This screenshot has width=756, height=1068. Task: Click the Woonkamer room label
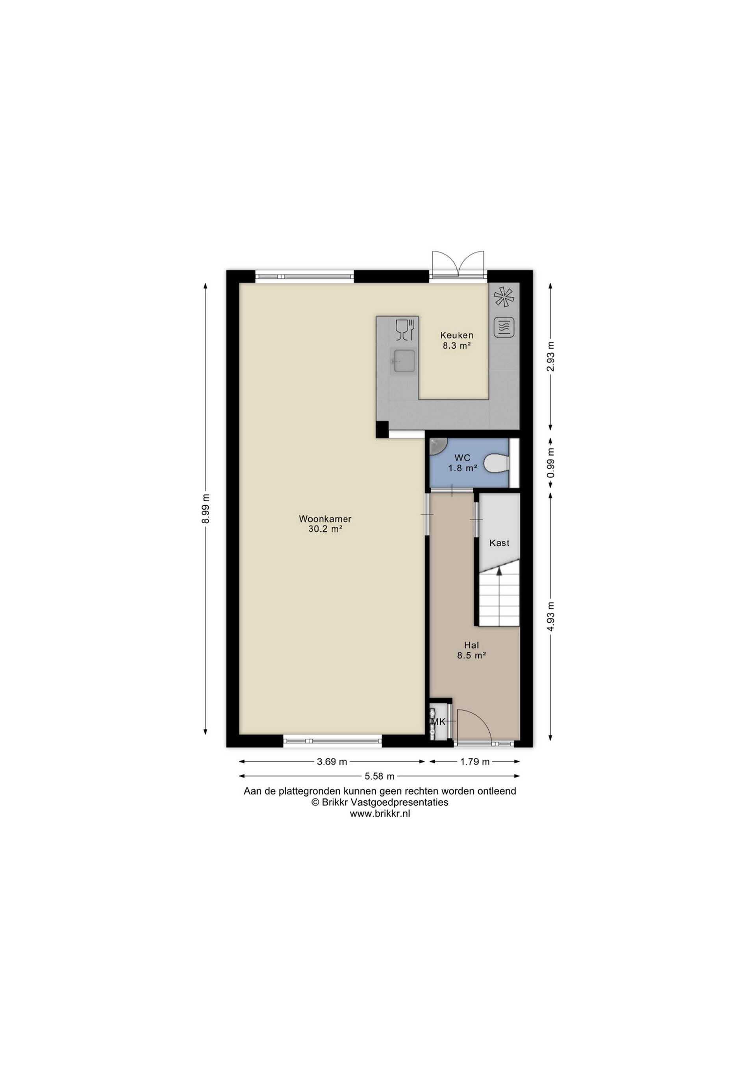click(x=325, y=518)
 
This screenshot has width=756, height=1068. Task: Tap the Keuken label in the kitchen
click(x=457, y=335)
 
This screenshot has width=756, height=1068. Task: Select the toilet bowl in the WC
click(x=496, y=463)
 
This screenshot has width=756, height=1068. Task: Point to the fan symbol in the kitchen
click(x=504, y=296)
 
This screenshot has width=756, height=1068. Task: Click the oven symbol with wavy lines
click(x=504, y=327)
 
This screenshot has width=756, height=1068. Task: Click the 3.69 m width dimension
click(x=332, y=761)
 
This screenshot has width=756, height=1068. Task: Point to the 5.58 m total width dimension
click(x=380, y=776)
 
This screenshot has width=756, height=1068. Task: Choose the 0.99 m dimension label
click(x=551, y=462)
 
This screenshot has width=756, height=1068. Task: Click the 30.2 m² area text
click(x=325, y=529)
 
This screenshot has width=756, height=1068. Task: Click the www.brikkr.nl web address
click(x=380, y=813)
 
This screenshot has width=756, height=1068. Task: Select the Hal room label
click(x=471, y=645)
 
